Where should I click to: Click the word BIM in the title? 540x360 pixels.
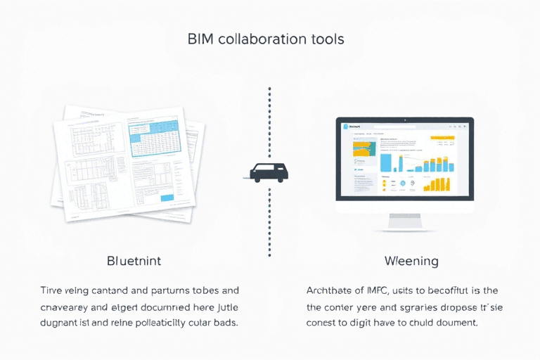point(201,39)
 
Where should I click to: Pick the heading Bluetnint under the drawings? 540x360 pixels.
point(134,261)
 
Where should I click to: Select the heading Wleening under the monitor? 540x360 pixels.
point(411,261)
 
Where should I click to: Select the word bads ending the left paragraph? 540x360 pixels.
point(224,323)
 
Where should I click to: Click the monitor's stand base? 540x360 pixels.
point(404,228)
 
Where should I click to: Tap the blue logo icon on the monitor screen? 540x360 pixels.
point(347,127)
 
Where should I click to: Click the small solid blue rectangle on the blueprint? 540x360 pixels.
point(167,198)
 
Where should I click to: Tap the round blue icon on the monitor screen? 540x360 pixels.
point(402,184)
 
